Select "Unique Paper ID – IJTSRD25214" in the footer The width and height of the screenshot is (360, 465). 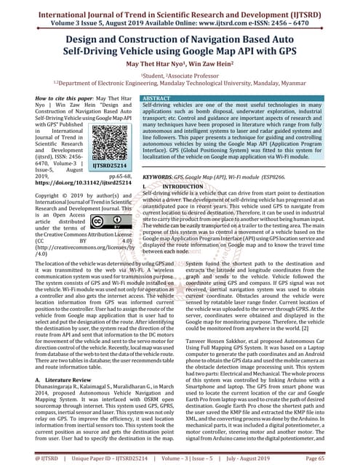111,460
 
